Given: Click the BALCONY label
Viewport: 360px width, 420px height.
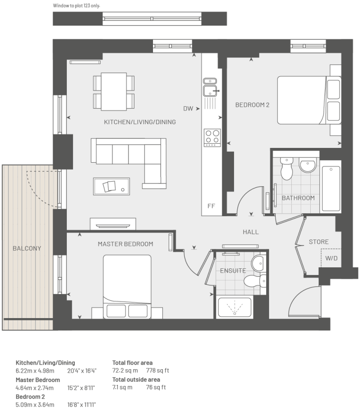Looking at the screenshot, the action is point(27,248).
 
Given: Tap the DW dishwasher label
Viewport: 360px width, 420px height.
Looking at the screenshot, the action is point(188,109).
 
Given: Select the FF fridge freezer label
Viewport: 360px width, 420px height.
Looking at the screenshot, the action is point(211,206).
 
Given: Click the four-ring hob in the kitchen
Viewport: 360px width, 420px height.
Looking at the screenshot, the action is point(212,137).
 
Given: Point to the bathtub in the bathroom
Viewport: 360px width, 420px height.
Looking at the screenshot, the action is point(331,188).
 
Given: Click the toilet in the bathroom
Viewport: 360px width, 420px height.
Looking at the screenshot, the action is point(287,168).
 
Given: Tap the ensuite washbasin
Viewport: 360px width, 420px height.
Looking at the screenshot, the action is point(258,264).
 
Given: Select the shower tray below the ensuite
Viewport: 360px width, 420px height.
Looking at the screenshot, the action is point(235,307).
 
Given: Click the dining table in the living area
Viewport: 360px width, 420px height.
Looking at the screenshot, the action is point(114,91).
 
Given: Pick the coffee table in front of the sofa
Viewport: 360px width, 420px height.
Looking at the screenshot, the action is point(112,186).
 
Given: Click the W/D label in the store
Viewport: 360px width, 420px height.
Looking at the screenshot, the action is point(332,258).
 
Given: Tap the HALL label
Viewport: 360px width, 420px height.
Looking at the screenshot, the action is point(251,232).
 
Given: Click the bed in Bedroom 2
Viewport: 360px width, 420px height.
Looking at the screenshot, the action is point(309,100).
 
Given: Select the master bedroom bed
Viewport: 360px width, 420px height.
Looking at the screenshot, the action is point(127,287).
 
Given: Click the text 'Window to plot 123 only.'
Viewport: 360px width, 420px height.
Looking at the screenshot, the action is point(77,6).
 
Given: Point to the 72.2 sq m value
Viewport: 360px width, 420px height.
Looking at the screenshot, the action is point(125,370).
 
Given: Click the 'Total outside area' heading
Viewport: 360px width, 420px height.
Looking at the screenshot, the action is point(136,380).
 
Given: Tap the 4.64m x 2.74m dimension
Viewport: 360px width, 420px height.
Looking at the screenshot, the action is point(35,388).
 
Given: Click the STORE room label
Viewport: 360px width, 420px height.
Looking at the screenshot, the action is point(319,242).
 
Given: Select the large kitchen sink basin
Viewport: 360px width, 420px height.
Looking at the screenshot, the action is point(210,91).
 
